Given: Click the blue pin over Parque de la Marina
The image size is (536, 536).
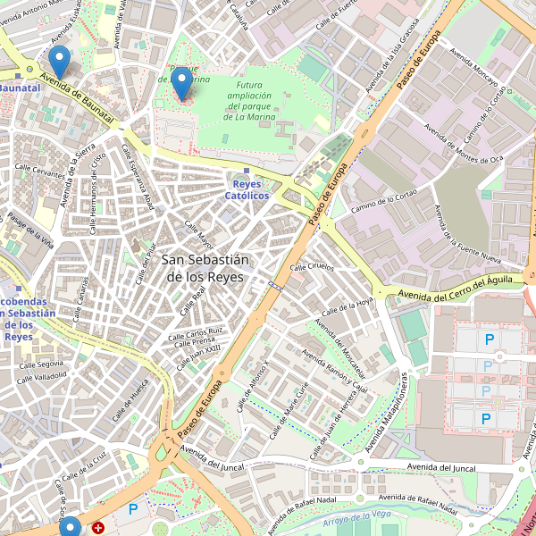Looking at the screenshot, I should tap(181, 83).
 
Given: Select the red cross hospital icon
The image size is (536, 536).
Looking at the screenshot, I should tap(97, 528).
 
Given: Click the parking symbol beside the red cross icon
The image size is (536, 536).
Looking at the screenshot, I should tap(133, 509).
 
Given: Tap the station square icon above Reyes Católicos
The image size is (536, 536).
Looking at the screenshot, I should tap(247, 171).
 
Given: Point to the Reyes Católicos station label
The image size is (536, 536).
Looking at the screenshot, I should tap(247, 189).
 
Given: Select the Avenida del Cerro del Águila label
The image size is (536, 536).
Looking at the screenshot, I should tap(456, 288).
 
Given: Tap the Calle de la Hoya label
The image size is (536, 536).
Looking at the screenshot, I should tap(347, 307).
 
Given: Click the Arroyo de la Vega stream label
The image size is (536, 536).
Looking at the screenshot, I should tap(357, 518).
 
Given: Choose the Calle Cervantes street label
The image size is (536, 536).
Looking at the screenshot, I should tap(40, 171).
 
